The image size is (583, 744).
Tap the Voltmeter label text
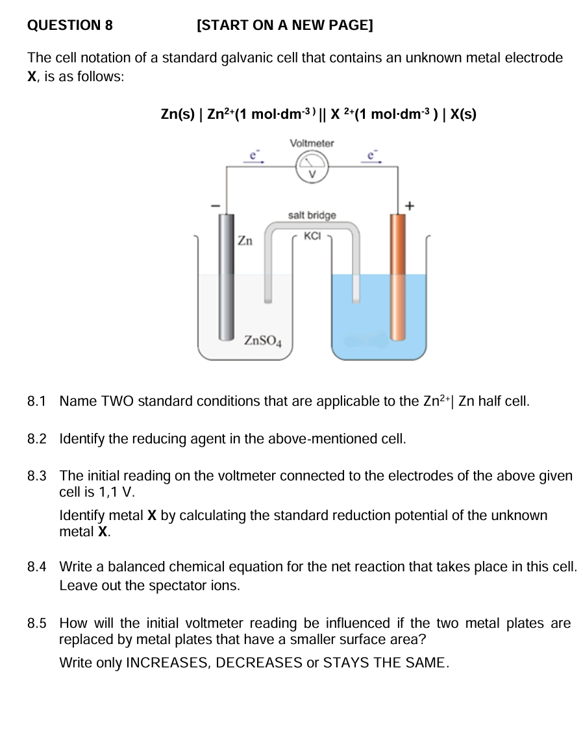coord(312,143)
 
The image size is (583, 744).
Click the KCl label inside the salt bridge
coord(312,236)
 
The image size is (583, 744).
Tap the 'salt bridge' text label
coord(312,215)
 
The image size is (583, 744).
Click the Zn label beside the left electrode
coord(245,241)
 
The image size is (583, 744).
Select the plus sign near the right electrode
coord(409,206)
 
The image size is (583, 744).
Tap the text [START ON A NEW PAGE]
coord(284,26)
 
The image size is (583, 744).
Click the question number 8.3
coord(37,477)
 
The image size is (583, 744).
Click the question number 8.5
coord(37,624)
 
